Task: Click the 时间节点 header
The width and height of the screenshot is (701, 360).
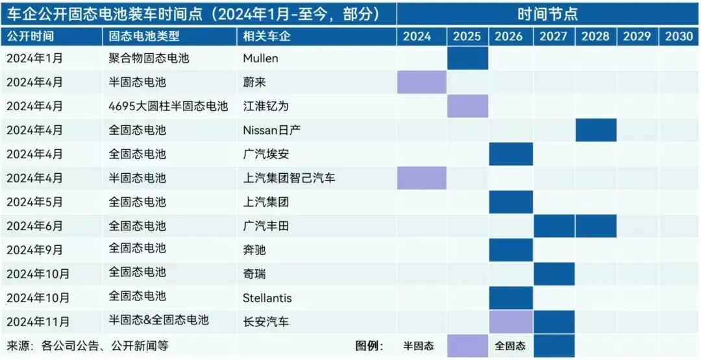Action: click(x=548, y=14)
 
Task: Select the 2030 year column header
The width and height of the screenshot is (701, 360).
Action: click(x=679, y=36)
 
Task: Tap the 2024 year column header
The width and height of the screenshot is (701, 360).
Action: click(x=417, y=36)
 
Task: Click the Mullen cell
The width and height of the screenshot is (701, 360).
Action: click(x=260, y=58)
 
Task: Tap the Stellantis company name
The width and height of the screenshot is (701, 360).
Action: click(x=267, y=298)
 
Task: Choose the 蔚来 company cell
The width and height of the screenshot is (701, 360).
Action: click(x=254, y=82)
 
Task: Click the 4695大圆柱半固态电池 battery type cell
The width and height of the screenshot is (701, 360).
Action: click(x=169, y=106)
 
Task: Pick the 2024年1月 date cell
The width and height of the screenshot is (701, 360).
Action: click(x=34, y=58)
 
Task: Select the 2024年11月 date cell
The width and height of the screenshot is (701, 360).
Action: click(x=38, y=321)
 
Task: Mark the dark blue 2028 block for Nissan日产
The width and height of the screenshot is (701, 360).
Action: click(x=596, y=130)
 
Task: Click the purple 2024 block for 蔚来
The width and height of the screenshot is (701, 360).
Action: click(x=422, y=82)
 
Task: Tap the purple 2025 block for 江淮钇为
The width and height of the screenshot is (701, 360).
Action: click(x=467, y=106)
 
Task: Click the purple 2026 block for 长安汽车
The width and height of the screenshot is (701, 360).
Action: click(x=511, y=321)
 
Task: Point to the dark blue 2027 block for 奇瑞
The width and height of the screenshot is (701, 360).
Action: click(x=554, y=274)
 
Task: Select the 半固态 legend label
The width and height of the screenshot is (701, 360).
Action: click(x=419, y=346)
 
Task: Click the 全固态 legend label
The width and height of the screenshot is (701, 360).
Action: click(x=510, y=346)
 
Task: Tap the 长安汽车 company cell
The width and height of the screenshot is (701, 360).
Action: click(x=265, y=321)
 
